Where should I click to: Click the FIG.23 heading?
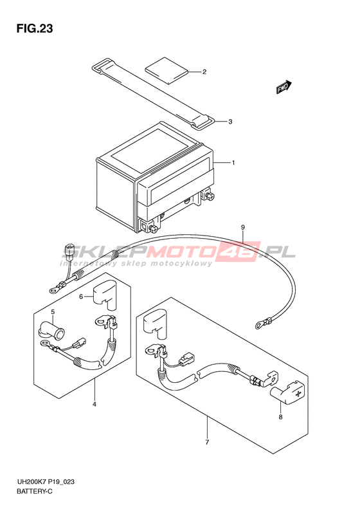[x=35, y=29]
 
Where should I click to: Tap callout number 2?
[x=204, y=71]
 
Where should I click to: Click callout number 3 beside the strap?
[x=230, y=122]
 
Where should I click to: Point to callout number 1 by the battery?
[x=233, y=163]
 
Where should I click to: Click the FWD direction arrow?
[x=283, y=88]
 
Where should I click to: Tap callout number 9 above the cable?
[x=243, y=228]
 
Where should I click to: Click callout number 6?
[x=82, y=296]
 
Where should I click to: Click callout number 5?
[x=53, y=312]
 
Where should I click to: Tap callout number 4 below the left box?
[x=94, y=405]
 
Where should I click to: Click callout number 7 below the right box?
[x=207, y=442]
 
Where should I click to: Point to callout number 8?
[x=280, y=417]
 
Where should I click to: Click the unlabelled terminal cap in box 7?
[x=155, y=324]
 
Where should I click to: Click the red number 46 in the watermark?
[x=243, y=252]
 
